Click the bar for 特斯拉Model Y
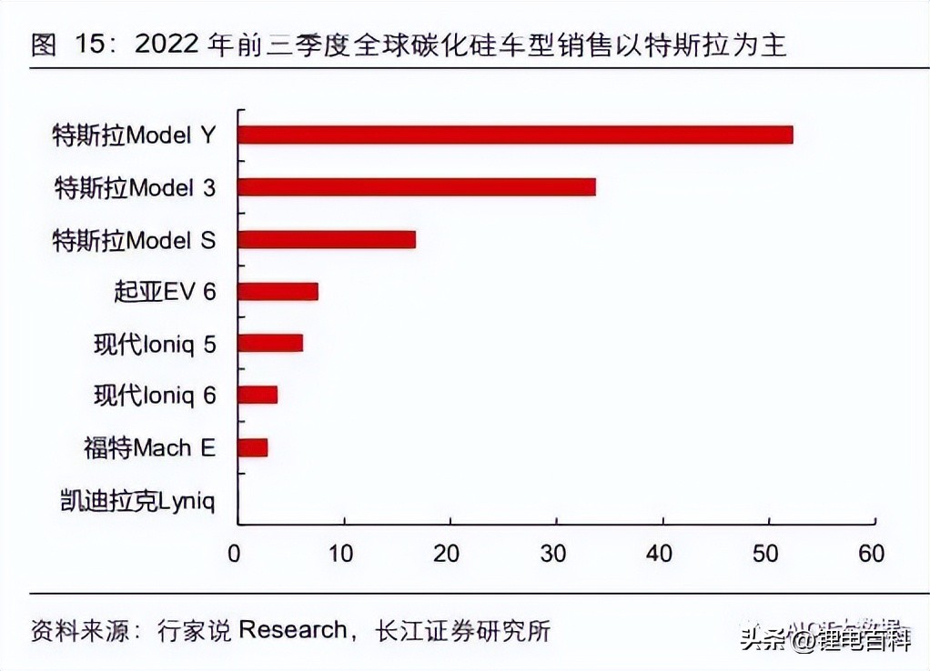tap(515, 135)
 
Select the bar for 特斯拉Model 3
tap(417, 187)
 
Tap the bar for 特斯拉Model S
tap(327, 239)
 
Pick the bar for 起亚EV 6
tap(278, 292)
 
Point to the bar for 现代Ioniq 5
tap(270, 343)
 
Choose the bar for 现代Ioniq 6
tap(258, 396)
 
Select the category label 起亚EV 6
tap(165, 292)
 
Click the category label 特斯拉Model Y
tap(134, 135)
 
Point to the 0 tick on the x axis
tap(236, 554)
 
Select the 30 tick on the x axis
tap(554, 554)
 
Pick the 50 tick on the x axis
tap(767, 554)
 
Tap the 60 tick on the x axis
tap(872, 554)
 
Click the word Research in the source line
tap(292, 631)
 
